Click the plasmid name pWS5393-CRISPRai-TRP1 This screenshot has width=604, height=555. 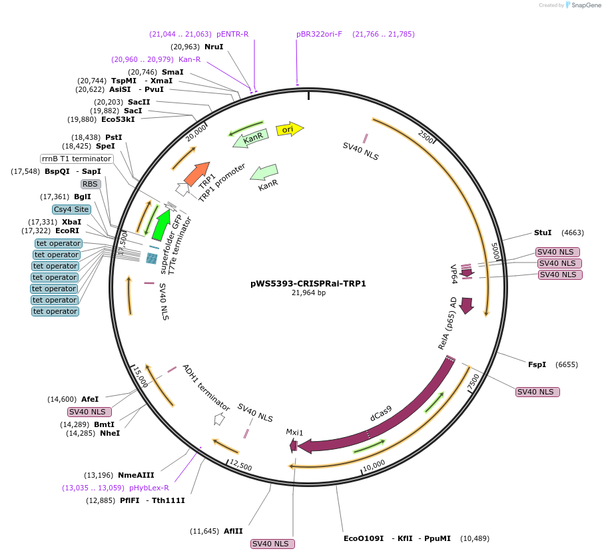pyautogui.click(x=308, y=283)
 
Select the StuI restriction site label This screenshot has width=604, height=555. pyautogui.click(x=543, y=233)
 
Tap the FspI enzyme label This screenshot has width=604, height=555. pyautogui.click(x=537, y=364)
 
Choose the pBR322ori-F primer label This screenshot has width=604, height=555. pyautogui.click(x=319, y=34)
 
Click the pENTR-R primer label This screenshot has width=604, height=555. pyautogui.click(x=232, y=34)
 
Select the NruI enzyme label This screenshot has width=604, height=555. pyautogui.click(x=214, y=47)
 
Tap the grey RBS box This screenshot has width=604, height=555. pyautogui.click(x=90, y=184)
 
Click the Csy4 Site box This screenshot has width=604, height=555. pyautogui.click(x=71, y=209)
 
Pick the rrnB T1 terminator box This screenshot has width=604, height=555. pyautogui.click(x=77, y=159)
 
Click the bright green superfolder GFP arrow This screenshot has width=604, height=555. pyautogui.click(x=160, y=225)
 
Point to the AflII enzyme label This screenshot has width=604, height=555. pyautogui.click(x=234, y=531)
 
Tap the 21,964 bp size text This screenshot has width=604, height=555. pyautogui.click(x=308, y=292)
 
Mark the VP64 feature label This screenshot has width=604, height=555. pyautogui.click(x=454, y=274)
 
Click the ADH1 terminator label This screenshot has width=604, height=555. pyautogui.click(x=206, y=388)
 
